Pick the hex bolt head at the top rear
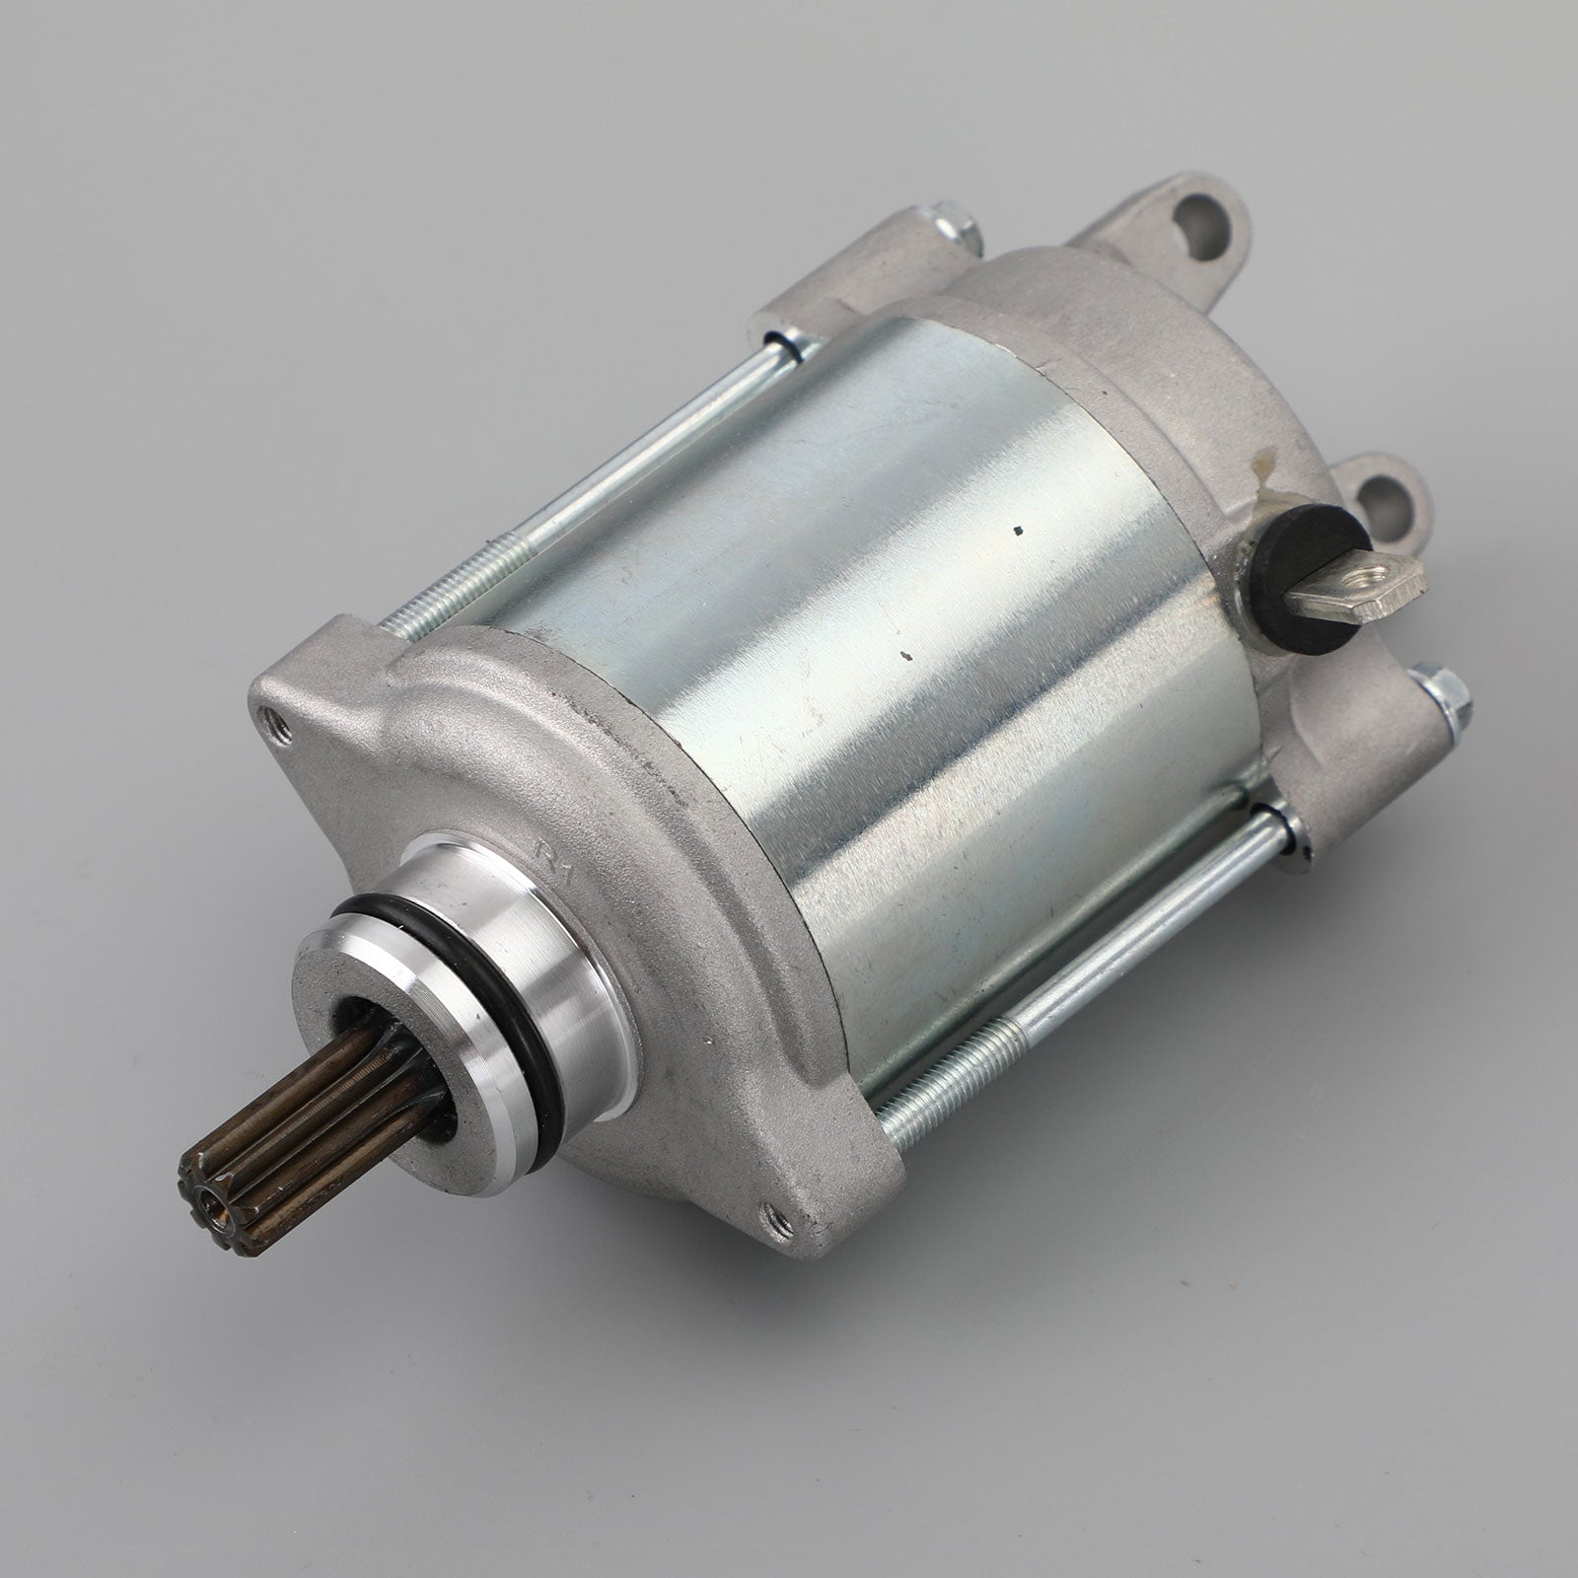[x=954, y=235]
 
